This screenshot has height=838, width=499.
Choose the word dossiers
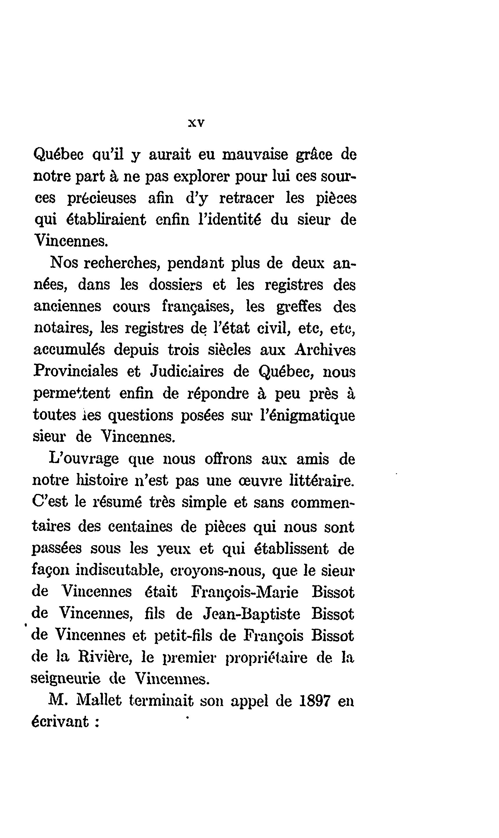pos(176,285)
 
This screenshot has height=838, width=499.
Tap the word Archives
pos(325,350)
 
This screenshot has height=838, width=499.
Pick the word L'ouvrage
pos(84,459)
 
